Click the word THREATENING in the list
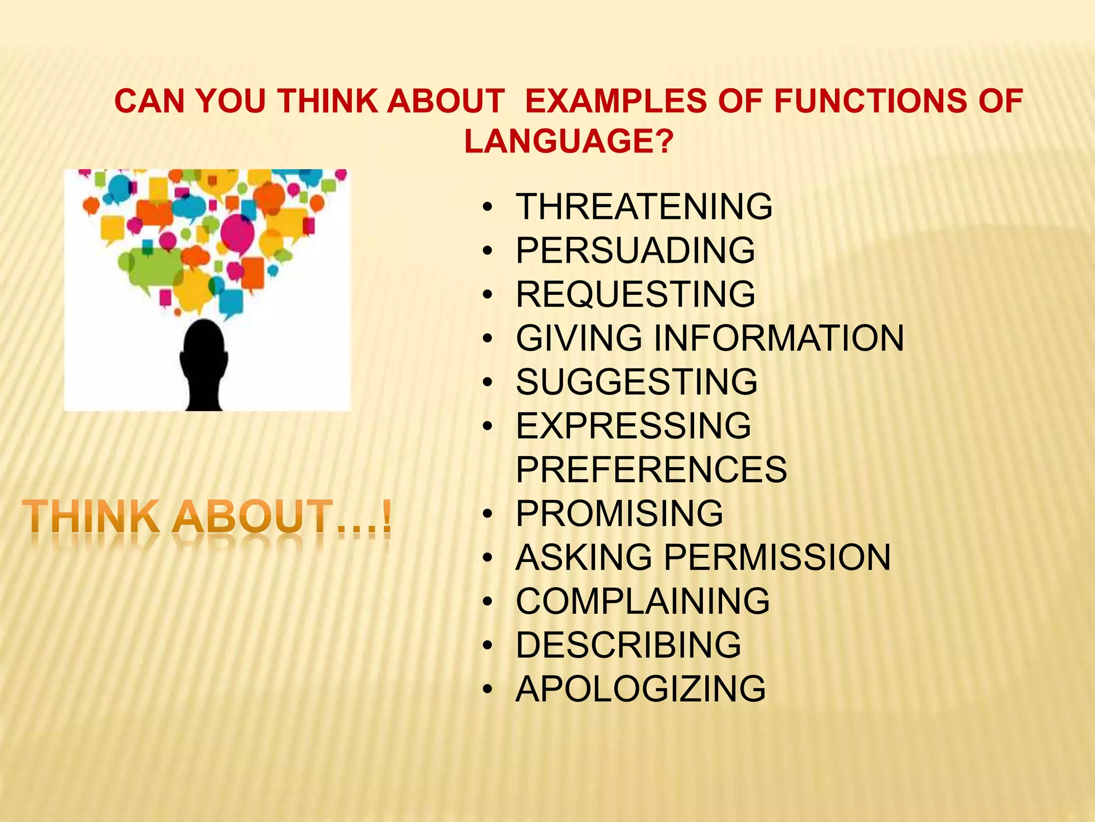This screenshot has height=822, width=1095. pyautogui.click(x=644, y=207)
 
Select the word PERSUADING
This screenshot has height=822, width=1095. pyautogui.click(x=635, y=250)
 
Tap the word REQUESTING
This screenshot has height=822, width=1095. pyautogui.click(x=635, y=294)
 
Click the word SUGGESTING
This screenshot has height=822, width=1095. pyautogui.click(x=636, y=382)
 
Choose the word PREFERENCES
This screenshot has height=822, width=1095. pyautogui.click(x=651, y=470)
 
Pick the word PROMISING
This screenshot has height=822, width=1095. pyautogui.click(x=619, y=514)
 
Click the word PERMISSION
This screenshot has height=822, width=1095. pyautogui.click(x=777, y=558)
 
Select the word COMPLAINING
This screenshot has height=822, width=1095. pyautogui.click(x=643, y=602)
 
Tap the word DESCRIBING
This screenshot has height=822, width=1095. pyautogui.click(x=628, y=645)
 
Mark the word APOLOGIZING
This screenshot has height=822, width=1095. pyautogui.click(x=641, y=689)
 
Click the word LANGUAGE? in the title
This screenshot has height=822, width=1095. pyautogui.click(x=568, y=141)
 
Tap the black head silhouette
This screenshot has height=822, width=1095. pyautogui.click(x=204, y=364)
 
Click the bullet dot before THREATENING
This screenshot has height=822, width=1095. pyautogui.click(x=487, y=208)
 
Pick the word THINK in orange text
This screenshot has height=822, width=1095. pyautogui.click(x=91, y=516)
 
